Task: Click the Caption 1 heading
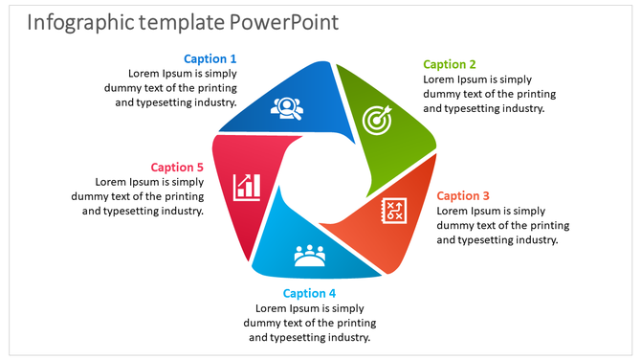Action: coord(210,59)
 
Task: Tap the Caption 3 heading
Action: coord(463,195)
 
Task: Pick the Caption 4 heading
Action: coord(309,293)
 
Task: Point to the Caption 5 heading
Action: coord(177,167)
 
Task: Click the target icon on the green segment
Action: coord(378,120)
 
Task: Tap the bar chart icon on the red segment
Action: coord(248,186)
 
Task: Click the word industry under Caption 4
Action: coord(343,337)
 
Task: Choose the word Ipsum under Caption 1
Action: coord(179,73)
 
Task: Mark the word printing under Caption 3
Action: coord(544,225)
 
